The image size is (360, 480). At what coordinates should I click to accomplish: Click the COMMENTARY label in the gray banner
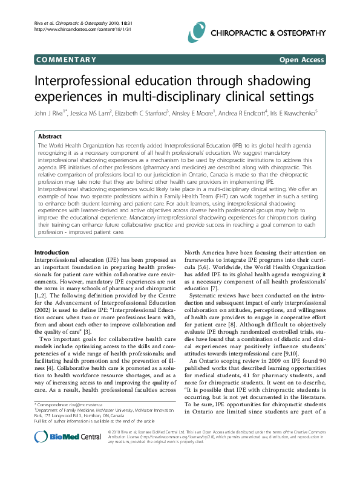66,59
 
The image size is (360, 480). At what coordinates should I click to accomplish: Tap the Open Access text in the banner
301,59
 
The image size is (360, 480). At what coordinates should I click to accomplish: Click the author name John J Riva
51,112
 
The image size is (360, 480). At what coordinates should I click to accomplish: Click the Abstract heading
50,137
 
